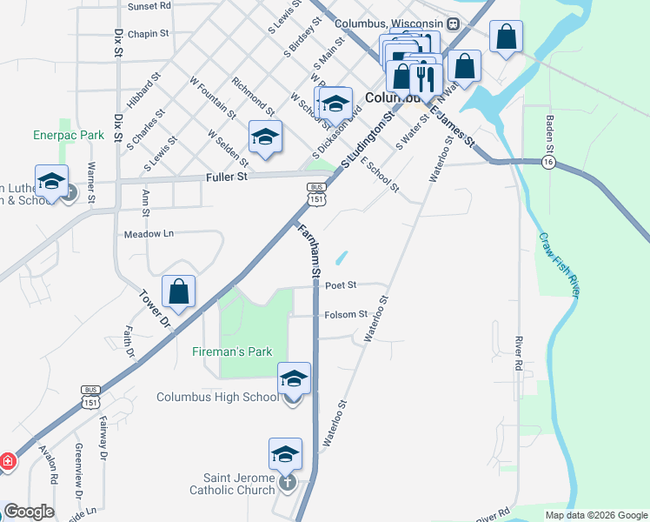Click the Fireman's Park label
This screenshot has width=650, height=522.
click(232, 352)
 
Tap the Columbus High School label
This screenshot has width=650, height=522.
click(217, 398)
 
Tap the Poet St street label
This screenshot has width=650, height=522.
click(342, 285)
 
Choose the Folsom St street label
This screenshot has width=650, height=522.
click(345, 314)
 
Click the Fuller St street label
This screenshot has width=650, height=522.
click(227, 177)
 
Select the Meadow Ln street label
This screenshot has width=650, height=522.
click(149, 234)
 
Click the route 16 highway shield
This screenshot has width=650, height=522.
click(547, 163)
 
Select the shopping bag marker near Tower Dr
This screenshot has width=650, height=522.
click(178, 292)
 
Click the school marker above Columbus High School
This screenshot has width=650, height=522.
click(294, 378)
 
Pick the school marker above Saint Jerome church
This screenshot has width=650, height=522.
click(285, 454)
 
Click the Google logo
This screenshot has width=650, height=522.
click(29, 512)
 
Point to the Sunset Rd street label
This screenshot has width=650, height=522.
click(149, 6)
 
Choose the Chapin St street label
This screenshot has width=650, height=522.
click(147, 35)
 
